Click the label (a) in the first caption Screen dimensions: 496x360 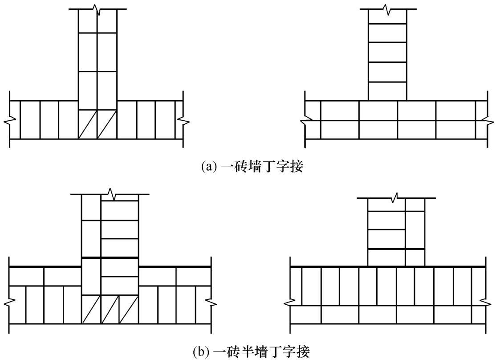click(209, 166)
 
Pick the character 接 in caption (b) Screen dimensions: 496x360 click(303, 352)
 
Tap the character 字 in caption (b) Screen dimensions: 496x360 click(289, 352)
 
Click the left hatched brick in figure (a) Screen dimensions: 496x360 click(88, 124)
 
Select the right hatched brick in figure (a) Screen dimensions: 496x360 click(107, 124)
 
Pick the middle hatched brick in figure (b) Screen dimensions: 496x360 click(110, 309)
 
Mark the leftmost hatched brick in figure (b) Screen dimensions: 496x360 click(91, 309)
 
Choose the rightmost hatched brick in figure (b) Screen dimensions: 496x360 click(129, 309)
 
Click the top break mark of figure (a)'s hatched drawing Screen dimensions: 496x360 click(98, 9)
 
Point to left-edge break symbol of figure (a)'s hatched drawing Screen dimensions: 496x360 click(10, 120)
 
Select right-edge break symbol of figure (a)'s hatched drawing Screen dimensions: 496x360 click(183, 120)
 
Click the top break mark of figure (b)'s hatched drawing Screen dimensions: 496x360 click(111, 194)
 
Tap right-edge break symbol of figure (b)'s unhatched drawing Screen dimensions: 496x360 click(486, 302)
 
